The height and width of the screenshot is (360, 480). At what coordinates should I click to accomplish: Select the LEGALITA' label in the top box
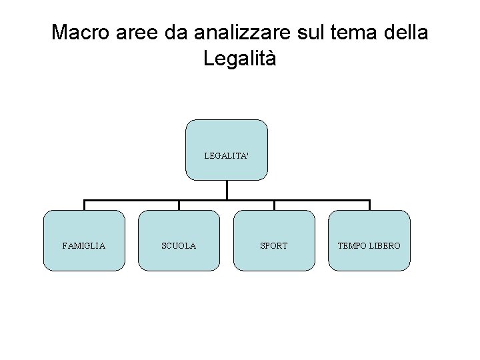coord(227,155)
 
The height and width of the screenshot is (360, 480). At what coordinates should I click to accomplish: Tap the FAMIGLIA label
coord(84,246)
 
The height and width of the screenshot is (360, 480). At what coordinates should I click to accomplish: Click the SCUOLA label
coord(179,246)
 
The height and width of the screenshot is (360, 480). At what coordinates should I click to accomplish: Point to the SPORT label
coord(274,246)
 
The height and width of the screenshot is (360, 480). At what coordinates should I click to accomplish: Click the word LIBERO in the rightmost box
coord(387,246)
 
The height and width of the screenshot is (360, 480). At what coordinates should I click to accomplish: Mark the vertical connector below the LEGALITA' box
coord(227,190)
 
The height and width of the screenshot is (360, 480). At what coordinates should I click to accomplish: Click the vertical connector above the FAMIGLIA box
coord(84,205)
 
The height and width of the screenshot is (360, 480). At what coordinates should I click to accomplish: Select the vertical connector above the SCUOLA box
coord(179,205)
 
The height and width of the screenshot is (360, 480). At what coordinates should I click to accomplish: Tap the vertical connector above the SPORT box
coord(274,205)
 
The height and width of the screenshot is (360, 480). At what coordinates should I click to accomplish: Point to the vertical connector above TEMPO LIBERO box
coord(369,205)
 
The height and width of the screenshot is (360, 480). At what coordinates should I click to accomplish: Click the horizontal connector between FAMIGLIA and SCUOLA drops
coord(131,200)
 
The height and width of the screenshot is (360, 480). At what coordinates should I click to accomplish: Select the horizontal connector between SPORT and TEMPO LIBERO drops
coord(321,200)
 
